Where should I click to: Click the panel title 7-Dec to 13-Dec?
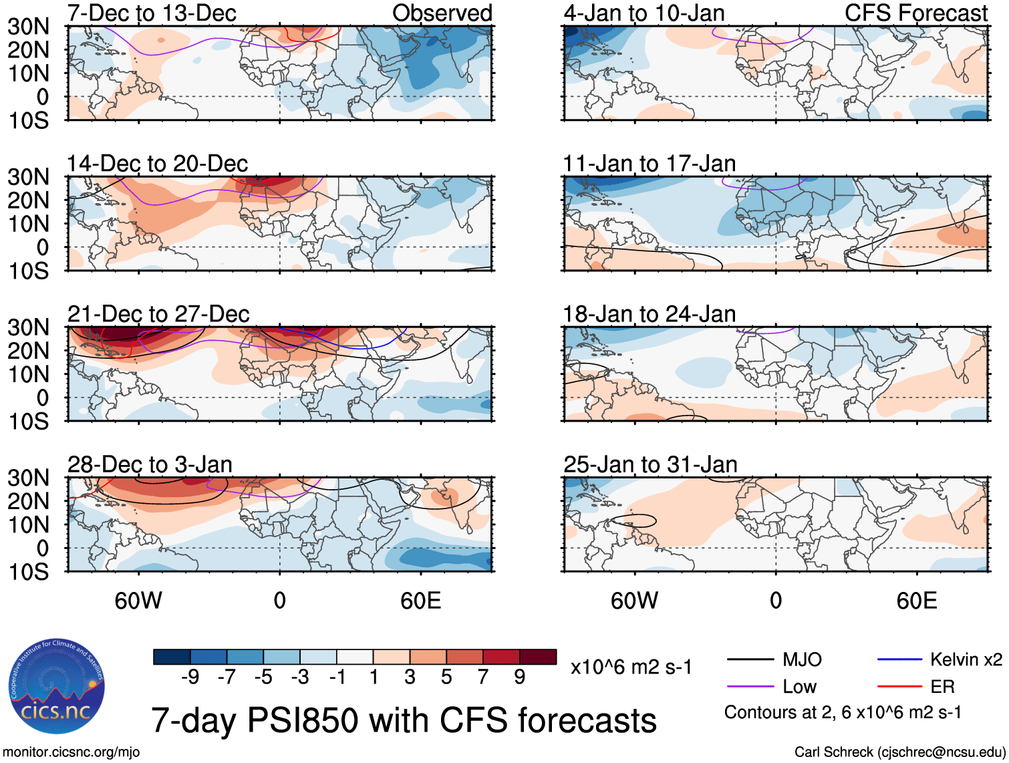point(152,13)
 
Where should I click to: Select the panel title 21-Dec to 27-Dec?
point(158,314)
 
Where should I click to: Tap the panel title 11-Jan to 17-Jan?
point(650,164)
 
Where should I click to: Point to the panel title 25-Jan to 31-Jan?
point(650,464)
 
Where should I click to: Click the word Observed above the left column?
point(442,13)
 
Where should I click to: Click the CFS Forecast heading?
point(916,13)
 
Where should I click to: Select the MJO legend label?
point(802,660)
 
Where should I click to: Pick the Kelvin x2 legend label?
point(966,660)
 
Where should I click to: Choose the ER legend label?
point(942,687)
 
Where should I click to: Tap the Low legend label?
point(800,687)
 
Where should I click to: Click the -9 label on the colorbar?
point(190,677)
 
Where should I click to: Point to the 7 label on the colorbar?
point(483,677)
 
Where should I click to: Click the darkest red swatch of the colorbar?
point(538,657)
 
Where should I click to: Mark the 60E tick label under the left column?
point(420,601)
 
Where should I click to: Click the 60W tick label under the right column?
point(634,601)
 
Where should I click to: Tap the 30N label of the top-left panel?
point(29,27)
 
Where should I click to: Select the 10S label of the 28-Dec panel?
point(29,572)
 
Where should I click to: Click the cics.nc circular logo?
point(57,687)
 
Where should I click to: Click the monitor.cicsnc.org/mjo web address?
point(71,752)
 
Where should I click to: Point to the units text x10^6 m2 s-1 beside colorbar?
point(631,667)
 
